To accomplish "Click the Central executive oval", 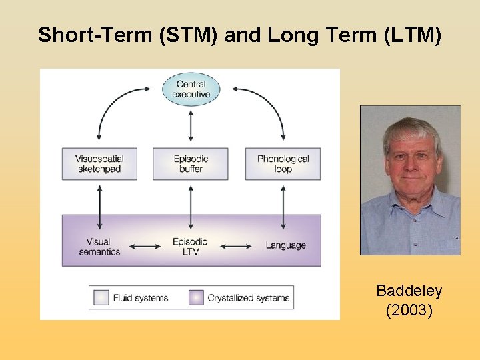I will tap(191, 89).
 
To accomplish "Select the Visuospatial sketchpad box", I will tap(99, 164).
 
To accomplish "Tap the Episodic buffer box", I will tap(191, 164).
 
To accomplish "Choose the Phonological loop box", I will tap(283, 164).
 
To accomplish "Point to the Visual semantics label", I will tap(99, 247).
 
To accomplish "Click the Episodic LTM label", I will tap(190, 247).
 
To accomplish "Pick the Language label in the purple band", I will tap(285, 245).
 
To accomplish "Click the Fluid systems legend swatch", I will tap(101, 298).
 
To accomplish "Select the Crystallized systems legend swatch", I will tap(196, 298).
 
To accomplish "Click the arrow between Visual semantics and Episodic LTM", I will tap(145, 246).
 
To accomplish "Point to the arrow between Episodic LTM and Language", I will tap(235, 246).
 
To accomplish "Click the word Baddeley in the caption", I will tap(409, 291).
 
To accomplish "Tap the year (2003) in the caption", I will tap(409, 311).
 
